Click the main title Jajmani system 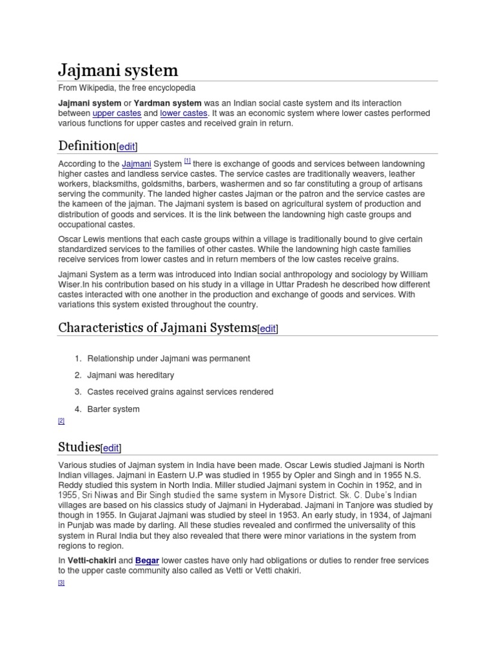coord(118,70)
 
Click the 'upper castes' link coord(117,113)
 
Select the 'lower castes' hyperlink coord(184,113)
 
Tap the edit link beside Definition coord(127,146)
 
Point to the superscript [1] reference coord(187,162)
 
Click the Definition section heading coord(86,145)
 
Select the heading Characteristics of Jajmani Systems coord(157,327)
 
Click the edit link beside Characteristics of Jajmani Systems coord(267,329)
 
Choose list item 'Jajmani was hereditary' coord(131,375)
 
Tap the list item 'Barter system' coord(113,409)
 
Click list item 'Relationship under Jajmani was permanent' coord(169,358)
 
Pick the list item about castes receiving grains coord(180,392)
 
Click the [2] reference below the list coord(61,421)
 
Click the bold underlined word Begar coord(148,561)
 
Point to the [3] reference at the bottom coord(61,583)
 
